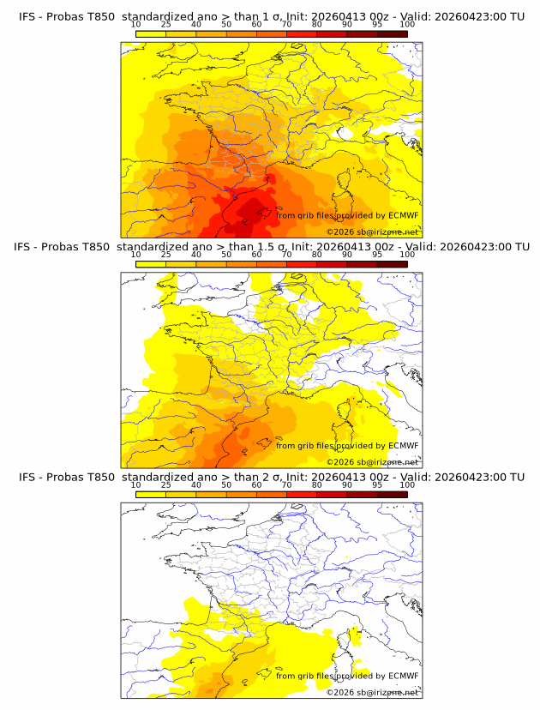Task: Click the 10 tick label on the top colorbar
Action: [136, 25]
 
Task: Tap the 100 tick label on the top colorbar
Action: [407, 25]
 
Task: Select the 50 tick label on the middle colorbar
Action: [226, 255]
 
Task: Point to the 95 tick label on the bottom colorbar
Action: [377, 484]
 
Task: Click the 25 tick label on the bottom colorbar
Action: [166, 484]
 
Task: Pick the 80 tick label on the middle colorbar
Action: [317, 255]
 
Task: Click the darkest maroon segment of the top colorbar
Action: [393, 33]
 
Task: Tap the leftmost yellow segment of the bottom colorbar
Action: [151, 493]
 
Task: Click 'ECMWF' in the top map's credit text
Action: [403, 215]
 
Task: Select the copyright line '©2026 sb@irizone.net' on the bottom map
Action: [372, 692]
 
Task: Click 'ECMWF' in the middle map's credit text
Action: [403, 445]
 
